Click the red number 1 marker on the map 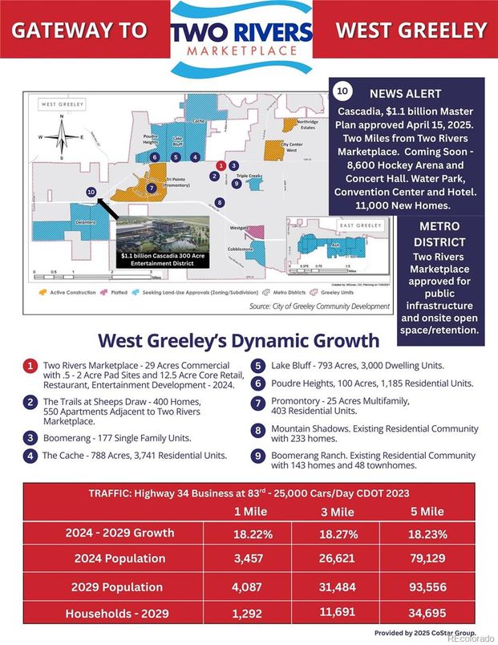tap(215, 175)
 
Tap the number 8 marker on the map tap(220, 202)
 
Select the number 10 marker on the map tap(91, 192)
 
